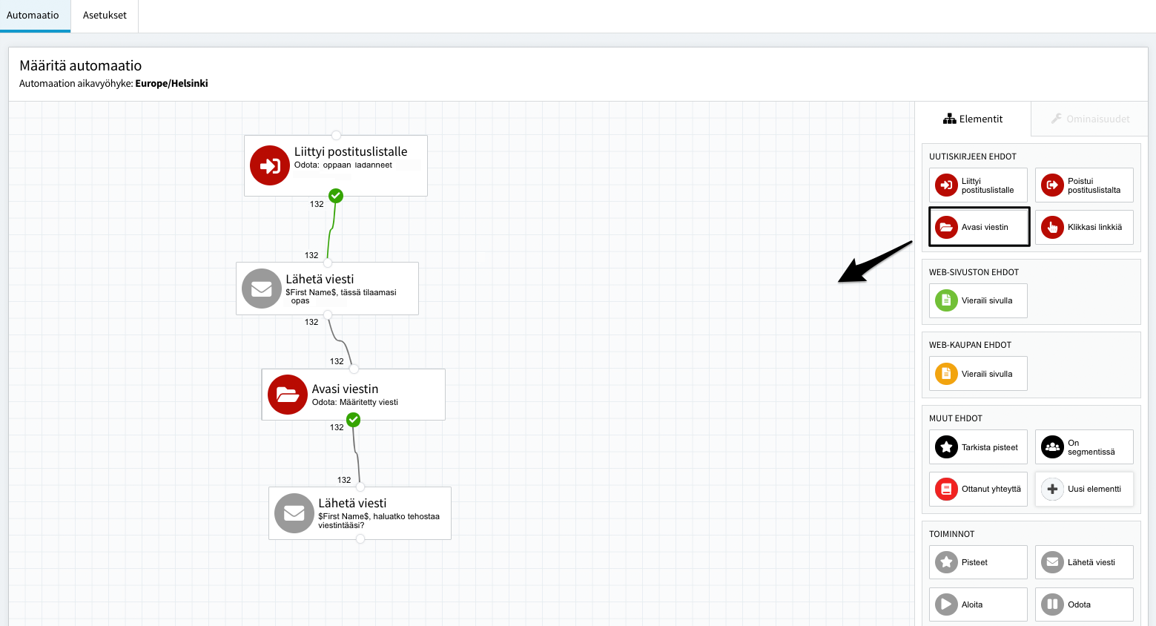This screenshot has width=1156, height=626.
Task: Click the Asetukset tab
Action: coord(105,16)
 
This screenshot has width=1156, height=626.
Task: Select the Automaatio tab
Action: coord(33,16)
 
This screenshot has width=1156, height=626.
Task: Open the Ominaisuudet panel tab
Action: coord(1090,119)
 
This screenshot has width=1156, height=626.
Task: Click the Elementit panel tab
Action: coord(973,119)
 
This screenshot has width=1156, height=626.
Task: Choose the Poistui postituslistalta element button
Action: coord(1084,185)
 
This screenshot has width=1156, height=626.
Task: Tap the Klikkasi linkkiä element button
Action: coord(1084,227)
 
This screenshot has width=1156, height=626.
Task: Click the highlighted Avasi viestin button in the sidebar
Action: coord(979,227)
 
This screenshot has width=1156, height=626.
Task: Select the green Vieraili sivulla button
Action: coord(978,300)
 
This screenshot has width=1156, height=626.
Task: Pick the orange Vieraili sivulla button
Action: coord(978,374)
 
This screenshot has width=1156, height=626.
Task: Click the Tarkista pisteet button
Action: coord(978,447)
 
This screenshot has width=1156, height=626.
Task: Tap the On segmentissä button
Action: coord(1084,447)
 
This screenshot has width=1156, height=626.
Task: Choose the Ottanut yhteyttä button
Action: coord(978,489)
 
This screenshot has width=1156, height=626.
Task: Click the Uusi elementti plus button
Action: coord(1084,489)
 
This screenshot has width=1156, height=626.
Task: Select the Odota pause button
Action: coord(1084,604)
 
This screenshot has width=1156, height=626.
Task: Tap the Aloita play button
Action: coord(978,604)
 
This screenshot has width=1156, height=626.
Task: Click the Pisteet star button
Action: coord(978,562)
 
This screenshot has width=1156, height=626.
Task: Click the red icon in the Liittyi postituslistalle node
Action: coord(269,165)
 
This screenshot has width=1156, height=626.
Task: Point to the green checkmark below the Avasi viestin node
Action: coord(354,420)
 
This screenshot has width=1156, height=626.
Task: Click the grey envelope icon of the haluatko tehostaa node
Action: coord(294,513)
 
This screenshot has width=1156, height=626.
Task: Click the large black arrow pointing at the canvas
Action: coord(875,262)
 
